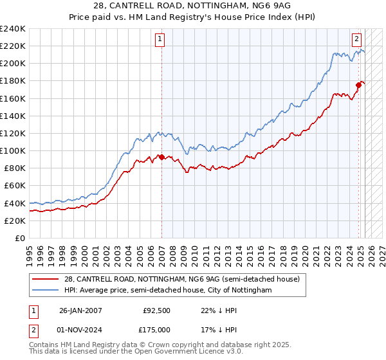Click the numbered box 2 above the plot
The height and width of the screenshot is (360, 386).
[356, 38]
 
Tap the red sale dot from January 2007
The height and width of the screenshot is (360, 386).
[161, 156]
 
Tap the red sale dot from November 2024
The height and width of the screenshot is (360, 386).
[359, 84]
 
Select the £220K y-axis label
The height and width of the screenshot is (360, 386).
[14, 46]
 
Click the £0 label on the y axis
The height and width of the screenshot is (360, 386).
[19, 238]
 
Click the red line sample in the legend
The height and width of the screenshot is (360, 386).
[46, 279]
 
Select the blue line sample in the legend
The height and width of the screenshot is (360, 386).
[46, 291]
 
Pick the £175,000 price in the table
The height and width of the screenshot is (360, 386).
[157, 329]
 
